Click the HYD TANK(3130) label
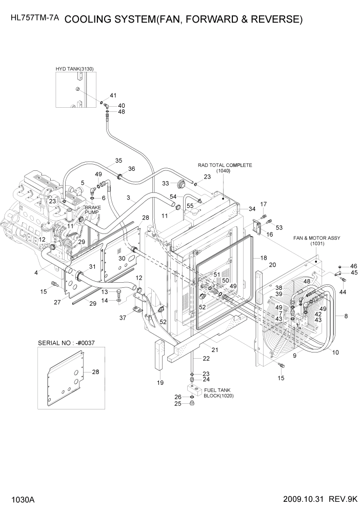coord(75,68)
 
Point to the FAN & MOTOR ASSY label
coord(316,238)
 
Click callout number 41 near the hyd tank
coord(113,95)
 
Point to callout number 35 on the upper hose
coord(118,161)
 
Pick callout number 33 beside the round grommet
coord(166,183)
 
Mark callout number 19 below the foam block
coord(159,382)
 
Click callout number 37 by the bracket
coord(122,318)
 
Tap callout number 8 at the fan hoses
coord(346,316)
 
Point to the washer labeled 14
coord(119,300)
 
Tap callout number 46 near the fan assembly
coord(354,266)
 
